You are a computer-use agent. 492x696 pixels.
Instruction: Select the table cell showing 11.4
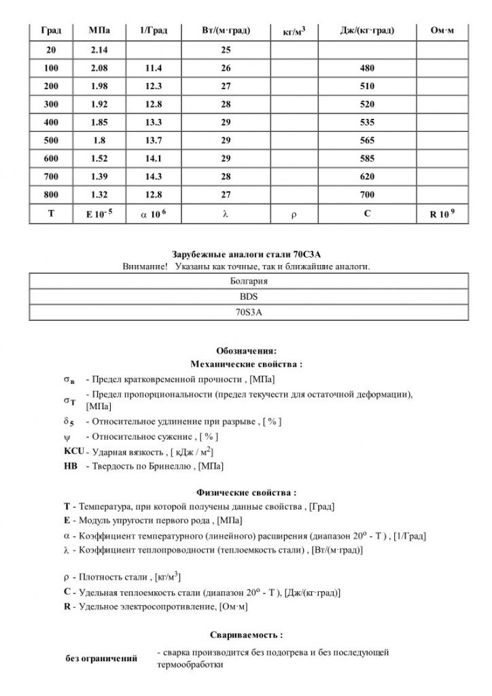[153, 69]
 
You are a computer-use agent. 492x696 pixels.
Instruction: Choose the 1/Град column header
[153, 31]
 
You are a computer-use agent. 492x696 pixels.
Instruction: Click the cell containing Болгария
[245, 280]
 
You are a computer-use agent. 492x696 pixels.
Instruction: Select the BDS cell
[245, 296]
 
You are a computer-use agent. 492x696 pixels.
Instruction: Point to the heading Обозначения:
[246, 351]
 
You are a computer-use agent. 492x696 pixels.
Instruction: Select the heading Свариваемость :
[246, 635]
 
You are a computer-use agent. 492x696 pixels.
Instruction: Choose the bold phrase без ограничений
[101, 659]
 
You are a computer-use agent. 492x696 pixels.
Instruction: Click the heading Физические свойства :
[246, 491]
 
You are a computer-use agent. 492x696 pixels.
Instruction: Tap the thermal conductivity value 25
[226, 51]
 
